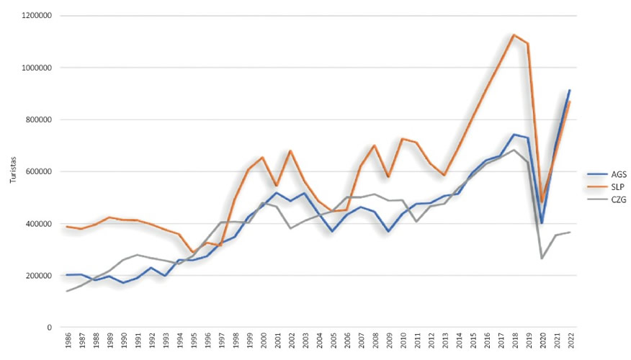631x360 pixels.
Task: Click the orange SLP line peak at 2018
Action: point(513,35)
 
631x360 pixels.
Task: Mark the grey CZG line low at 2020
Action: point(541,258)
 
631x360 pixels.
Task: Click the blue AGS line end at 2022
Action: point(569,90)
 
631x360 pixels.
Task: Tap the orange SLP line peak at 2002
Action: point(290,151)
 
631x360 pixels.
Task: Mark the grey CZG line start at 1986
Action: point(67,291)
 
